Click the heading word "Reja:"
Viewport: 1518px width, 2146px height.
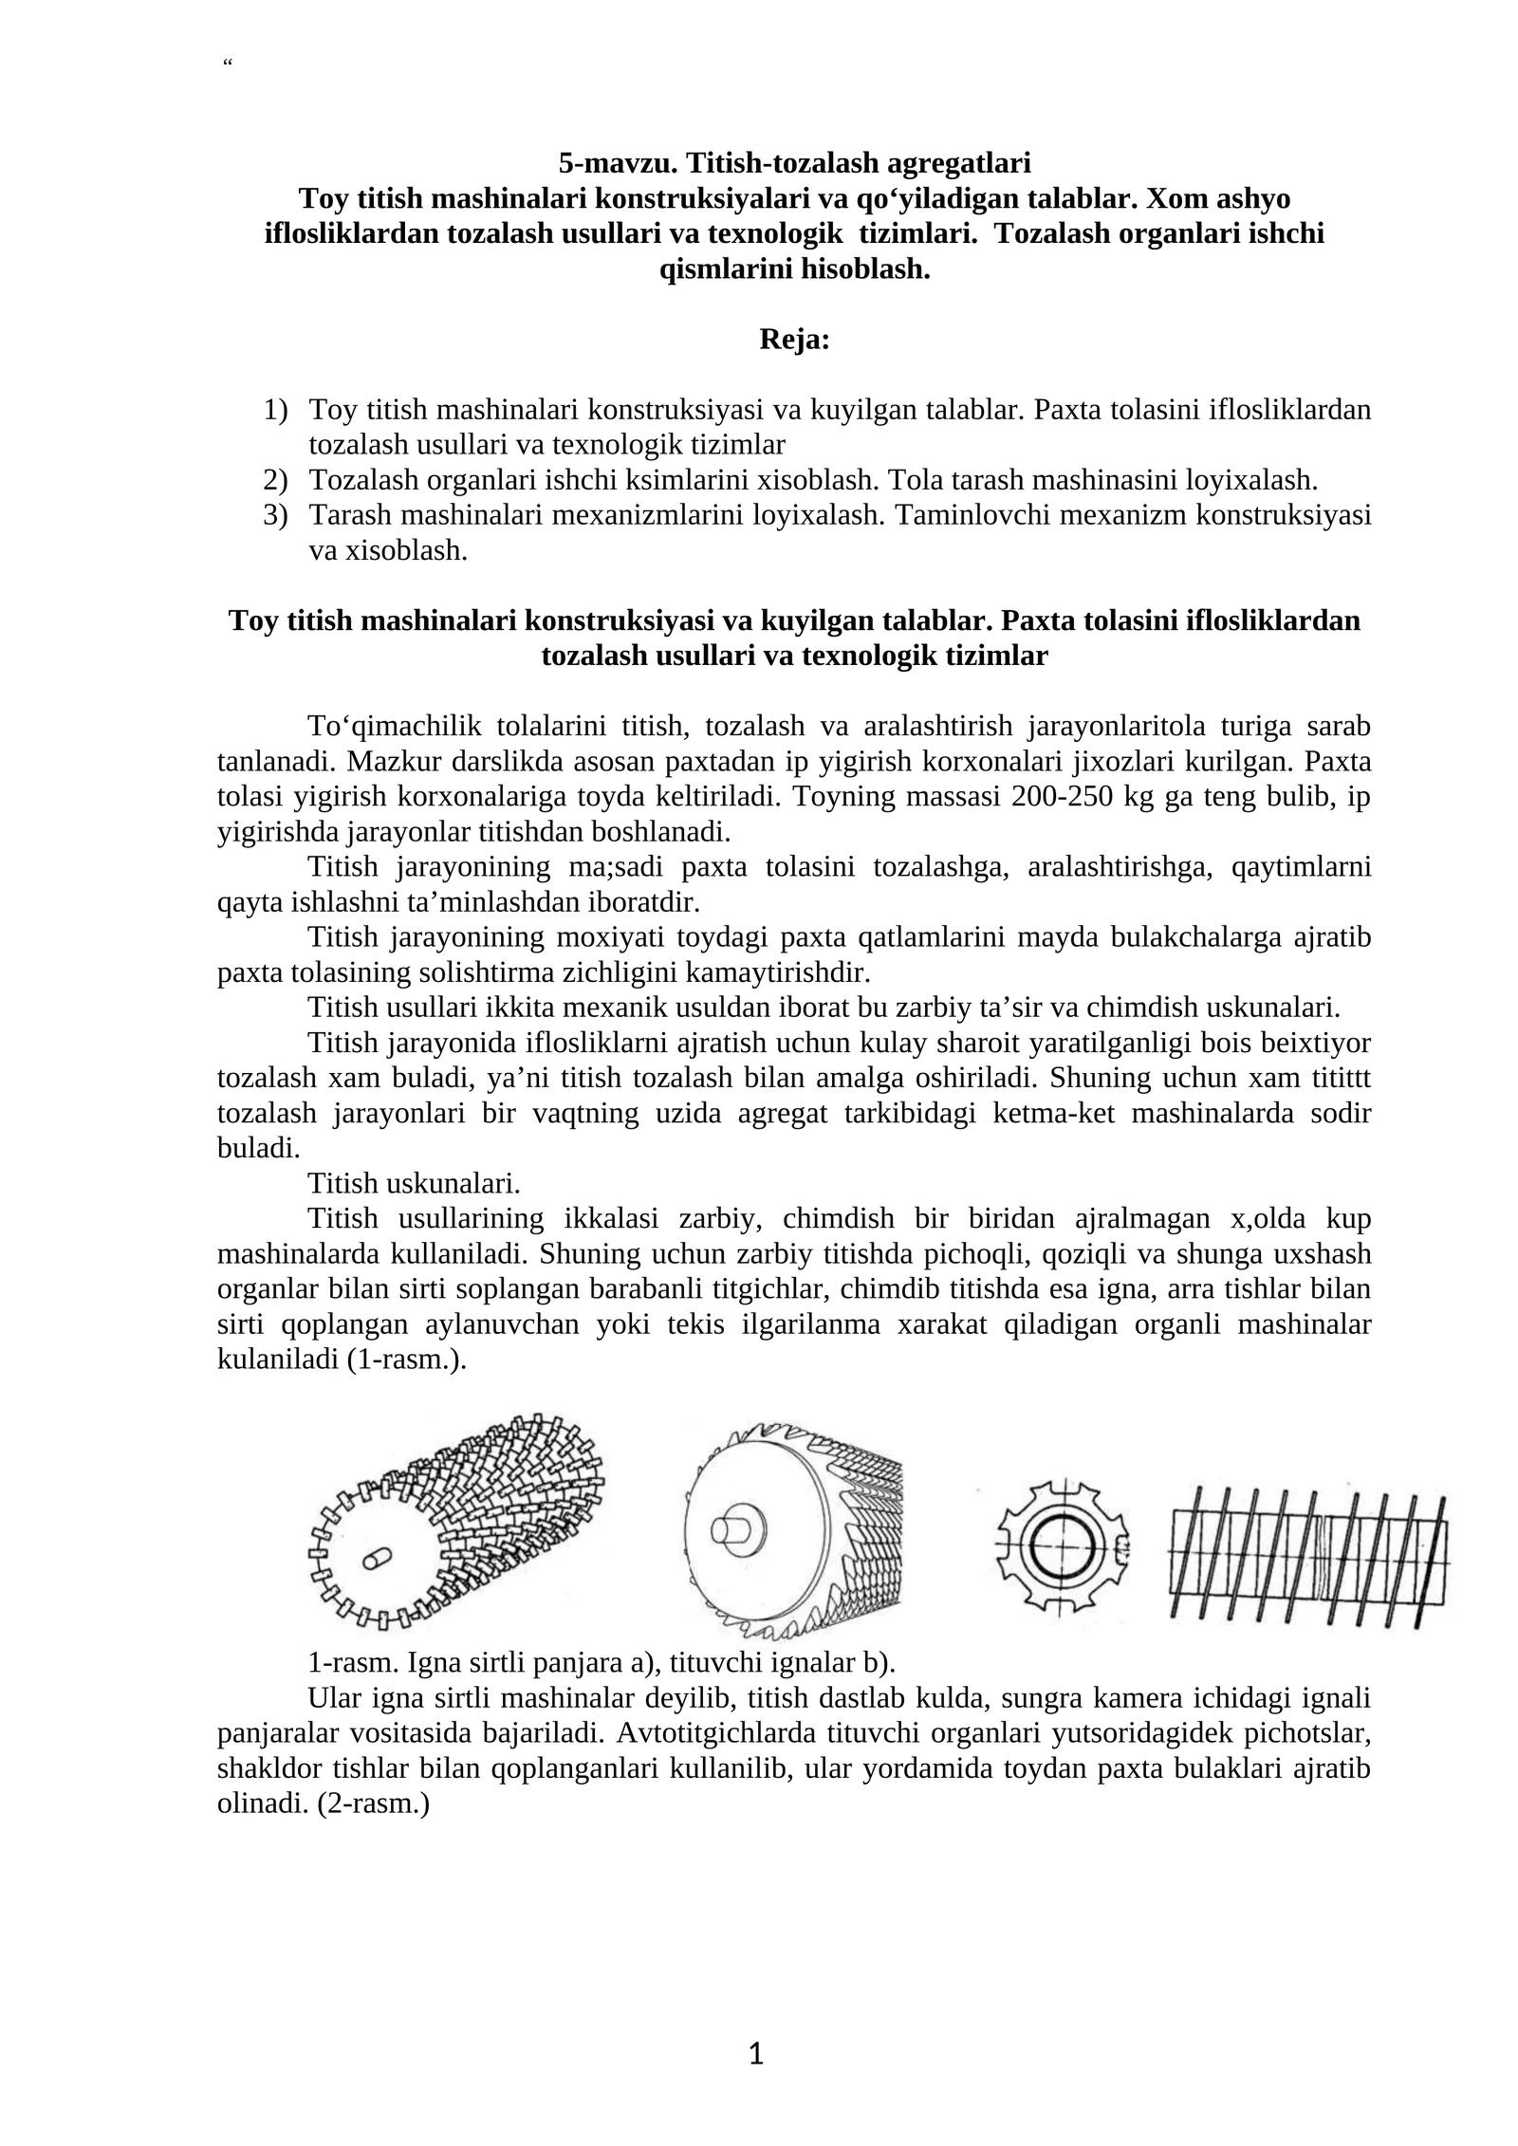tap(794, 340)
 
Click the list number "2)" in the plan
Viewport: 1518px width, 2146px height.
tap(275, 480)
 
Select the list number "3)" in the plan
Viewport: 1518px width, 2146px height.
tap(275, 515)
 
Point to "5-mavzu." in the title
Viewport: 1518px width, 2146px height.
tap(618, 163)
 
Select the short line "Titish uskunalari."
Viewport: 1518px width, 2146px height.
tap(414, 1183)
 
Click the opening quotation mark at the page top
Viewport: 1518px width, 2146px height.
tap(227, 64)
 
